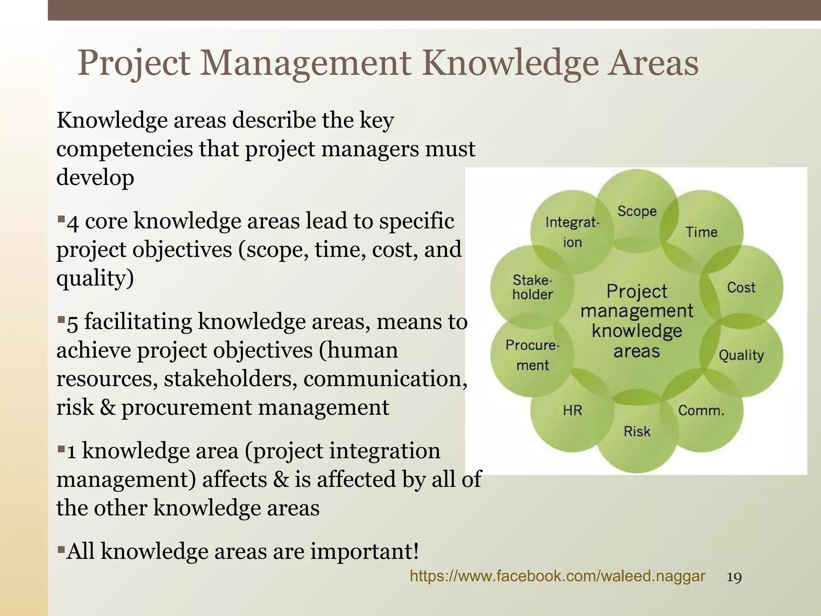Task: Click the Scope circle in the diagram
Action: point(637,211)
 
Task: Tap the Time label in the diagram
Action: point(701,232)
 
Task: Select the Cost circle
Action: point(741,288)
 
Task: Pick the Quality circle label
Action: point(741,355)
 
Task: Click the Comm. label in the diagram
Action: point(701,411)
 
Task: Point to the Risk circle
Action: point(637,432)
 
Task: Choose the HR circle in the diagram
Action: point(572,411)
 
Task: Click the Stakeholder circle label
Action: point(532,288)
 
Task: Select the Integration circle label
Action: point(572,232)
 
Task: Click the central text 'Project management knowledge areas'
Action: point(637,321)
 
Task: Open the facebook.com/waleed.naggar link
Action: point(557,576)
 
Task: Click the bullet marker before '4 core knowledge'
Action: point(61,219)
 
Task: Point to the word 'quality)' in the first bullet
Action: point(95,278)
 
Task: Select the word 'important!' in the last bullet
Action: point(364,551)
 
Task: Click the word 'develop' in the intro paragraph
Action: point(95,177)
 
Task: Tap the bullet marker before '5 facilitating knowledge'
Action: point(61,320)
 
